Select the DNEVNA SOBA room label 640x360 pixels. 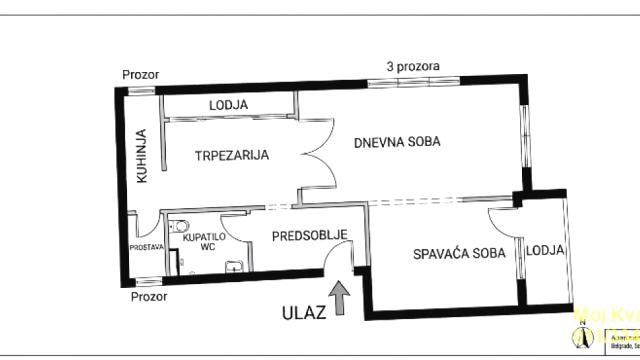[x=397, y=142]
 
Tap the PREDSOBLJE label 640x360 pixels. [x=309, y=236]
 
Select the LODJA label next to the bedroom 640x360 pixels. [x=545, y=250]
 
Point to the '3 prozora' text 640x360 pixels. [x=413, y=67]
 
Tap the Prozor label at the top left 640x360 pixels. [x=140, y=74]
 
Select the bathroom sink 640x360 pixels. [x=233, y=267]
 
